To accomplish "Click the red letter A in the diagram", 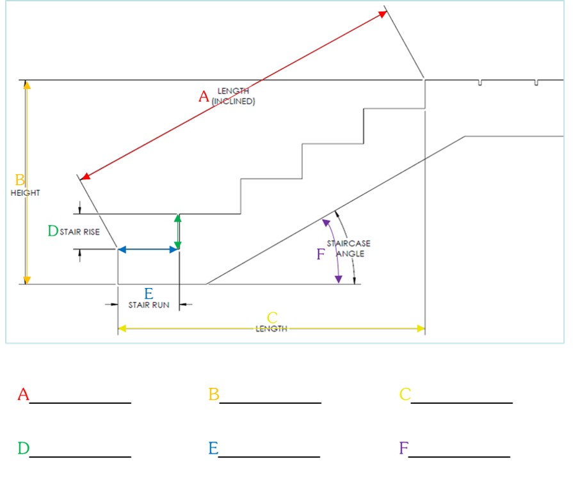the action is click(204, 97).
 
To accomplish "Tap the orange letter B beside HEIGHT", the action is click(20, 180).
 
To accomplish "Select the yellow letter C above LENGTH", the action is click(272, 317).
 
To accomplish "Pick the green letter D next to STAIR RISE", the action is click(53, 231).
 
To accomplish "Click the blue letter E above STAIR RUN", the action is click(149, 294).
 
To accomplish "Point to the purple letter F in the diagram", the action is click(321, 254).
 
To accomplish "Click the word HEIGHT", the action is click(25, 193).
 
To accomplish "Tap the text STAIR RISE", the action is click(79, 232).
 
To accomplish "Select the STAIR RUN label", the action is click(149, 305).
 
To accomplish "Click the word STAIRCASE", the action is click(349, 243).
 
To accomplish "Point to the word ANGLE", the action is click(350, 253).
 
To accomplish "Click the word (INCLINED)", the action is click(233, 101).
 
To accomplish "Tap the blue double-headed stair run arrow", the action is click(148, 250).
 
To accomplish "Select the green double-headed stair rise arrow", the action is click(177, 232).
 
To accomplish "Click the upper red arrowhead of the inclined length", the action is click(383, 14).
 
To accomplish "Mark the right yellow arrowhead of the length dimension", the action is click(421, 328).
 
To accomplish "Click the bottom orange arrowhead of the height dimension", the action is click(27, 280).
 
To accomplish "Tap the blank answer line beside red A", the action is click(81, 403).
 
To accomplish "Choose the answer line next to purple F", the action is click(459, 456).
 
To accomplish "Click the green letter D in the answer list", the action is click(24, 448).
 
